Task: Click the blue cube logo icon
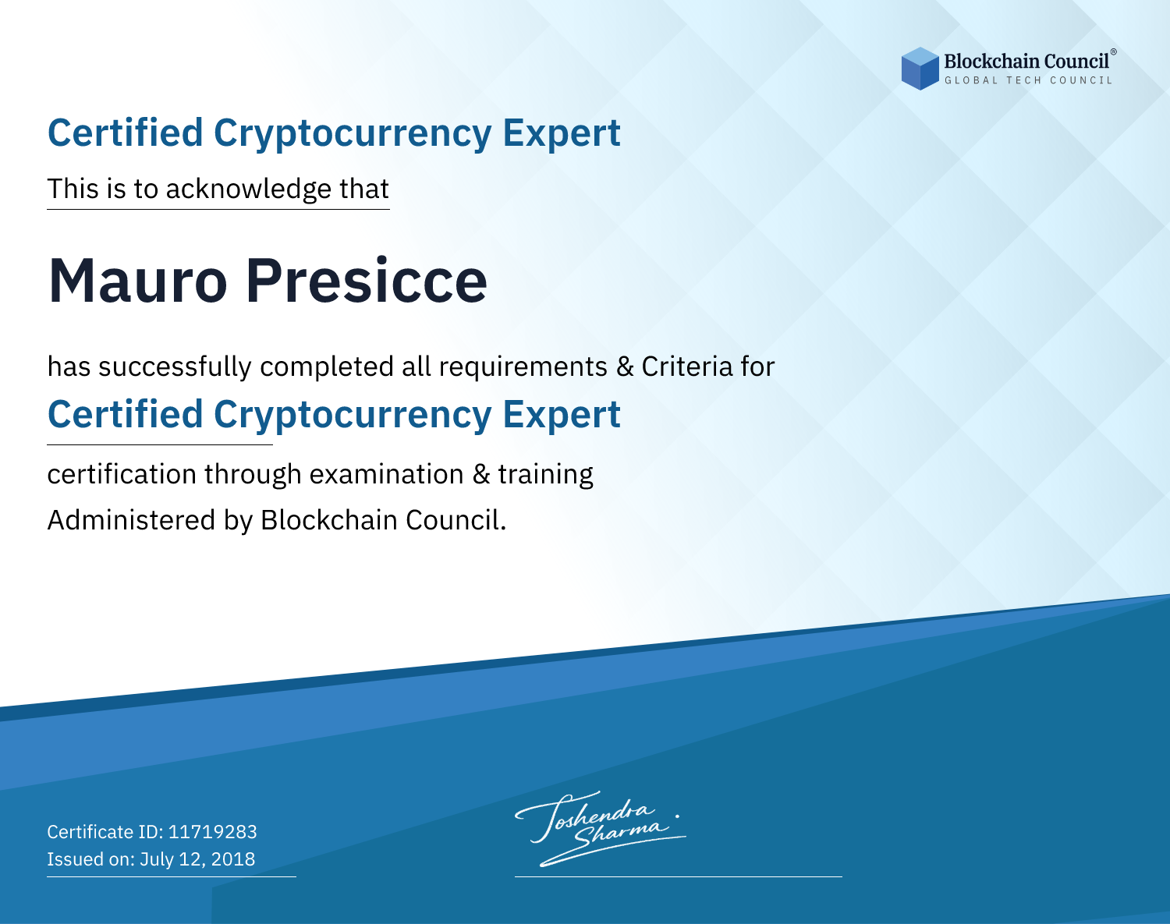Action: [x=920, y=69]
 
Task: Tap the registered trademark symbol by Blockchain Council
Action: [x=1114, y=52]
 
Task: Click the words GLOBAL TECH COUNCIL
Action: [x=1028, y=80]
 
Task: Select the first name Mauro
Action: [x=137, y=281]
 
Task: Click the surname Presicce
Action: [x=367, y=281]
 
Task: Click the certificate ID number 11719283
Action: [x=213, y=831]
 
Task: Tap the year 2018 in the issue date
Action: [x=232, y=859]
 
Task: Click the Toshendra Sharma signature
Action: [x=601, y=829]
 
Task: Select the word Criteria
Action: [x=686, y=366]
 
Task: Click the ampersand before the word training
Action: [x=481, y=474]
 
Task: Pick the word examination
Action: [x=387, y=474]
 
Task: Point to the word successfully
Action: [x=175, y=367]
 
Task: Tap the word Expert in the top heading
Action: [x=562, y=133]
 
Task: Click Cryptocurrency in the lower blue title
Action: [x=353, y=416]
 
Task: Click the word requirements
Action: [x=523, y=367]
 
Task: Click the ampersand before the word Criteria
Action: [x=625, y=366]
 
